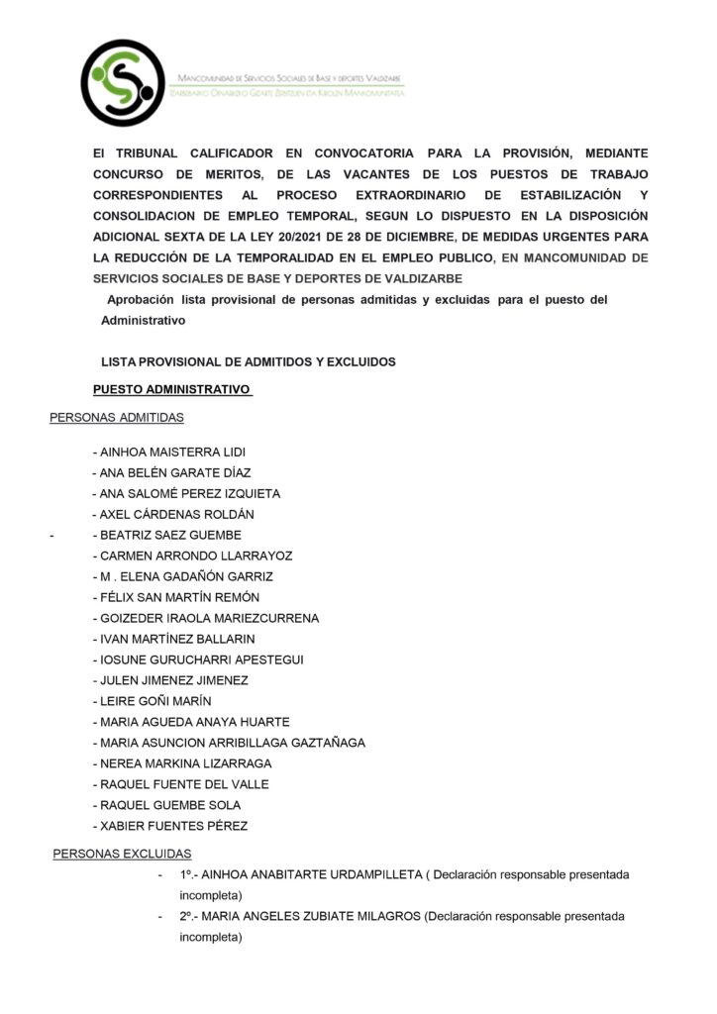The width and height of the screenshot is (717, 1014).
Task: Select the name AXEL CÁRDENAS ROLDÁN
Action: point(177,514)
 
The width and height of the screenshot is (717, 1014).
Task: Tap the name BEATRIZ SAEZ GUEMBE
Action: point(171,535)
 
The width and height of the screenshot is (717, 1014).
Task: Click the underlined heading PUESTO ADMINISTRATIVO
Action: point(171,390)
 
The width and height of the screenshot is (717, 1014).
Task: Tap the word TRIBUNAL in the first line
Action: point(150,153)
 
